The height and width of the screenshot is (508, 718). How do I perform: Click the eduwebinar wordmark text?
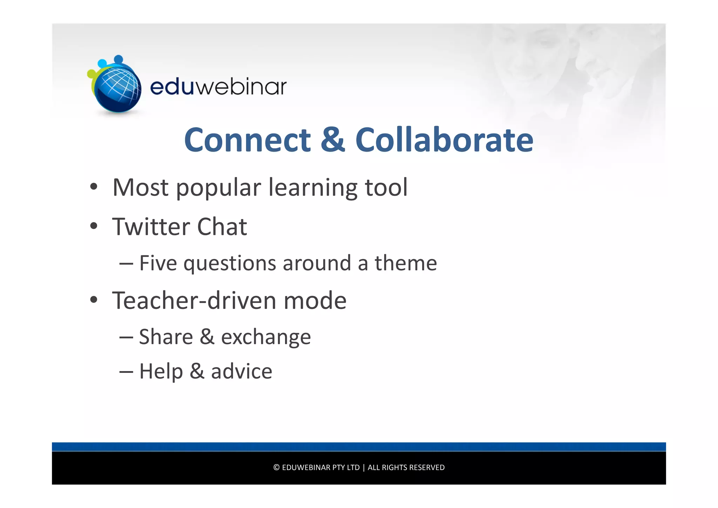tap(218, 86)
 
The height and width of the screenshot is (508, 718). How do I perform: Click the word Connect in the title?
tap(247, 140)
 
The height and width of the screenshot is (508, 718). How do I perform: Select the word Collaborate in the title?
tap(444, 140)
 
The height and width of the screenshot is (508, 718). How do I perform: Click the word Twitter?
tap(151, 226)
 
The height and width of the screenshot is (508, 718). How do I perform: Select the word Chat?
tap(222, 226)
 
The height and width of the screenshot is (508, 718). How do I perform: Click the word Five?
tap(158, 263)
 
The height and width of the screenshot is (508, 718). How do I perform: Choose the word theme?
tap(406, 263)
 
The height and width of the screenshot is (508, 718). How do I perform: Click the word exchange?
tap(266, 337)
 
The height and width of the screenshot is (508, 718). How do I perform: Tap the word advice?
tap(241, 371)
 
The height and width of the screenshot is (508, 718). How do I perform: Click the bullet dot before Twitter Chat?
tap(93, 226)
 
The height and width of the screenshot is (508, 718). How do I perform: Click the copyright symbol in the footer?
tap(276, 468)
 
